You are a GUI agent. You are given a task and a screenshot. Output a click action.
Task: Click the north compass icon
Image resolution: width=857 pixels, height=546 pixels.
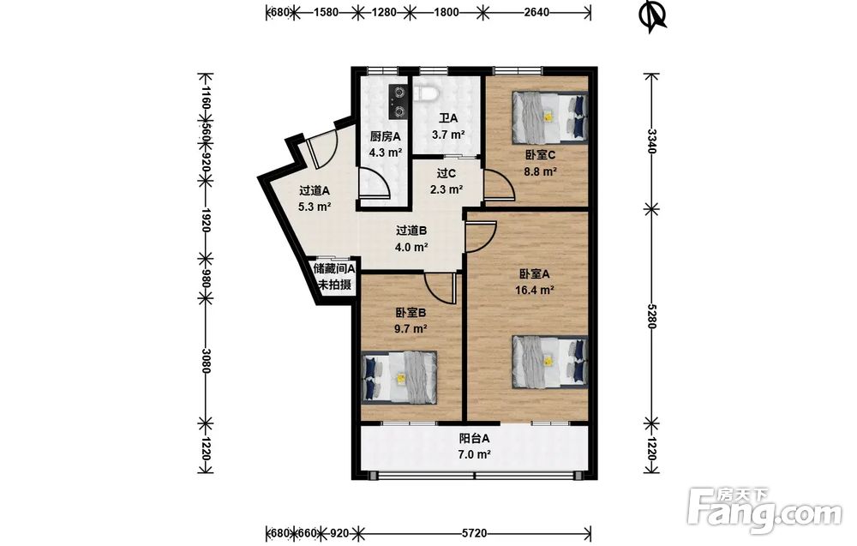[x=652, y=15]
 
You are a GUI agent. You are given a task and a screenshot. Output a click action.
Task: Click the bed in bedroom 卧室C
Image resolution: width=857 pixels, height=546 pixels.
[x=549, y=117]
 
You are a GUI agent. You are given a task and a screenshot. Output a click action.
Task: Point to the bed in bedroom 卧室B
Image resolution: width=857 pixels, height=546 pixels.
[x=399, y=378]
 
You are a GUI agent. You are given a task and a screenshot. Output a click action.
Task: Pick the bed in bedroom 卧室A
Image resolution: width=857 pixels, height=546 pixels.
[x=549, y=361]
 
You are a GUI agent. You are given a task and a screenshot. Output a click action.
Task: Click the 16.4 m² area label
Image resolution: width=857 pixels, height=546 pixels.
[x=535, y=291]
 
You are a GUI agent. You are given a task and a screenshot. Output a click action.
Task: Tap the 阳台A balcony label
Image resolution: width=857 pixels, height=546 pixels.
[x=474, y=439]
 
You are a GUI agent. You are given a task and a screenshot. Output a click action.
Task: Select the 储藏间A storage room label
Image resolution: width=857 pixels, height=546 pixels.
[x=334, y=269]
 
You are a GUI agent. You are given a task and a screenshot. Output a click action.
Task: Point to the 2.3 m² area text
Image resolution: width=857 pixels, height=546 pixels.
[x=446, y=190]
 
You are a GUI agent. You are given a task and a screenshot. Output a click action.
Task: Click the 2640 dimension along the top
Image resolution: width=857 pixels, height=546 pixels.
[x=536, y=11]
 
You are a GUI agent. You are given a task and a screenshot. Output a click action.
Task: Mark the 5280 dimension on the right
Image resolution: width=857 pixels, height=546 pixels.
[x=651, y=315]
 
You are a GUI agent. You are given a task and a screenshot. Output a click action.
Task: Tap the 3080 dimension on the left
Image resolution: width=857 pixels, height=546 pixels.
[x=206, y=361]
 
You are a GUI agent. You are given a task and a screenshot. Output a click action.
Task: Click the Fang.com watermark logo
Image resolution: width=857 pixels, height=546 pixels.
[x=764, y=511]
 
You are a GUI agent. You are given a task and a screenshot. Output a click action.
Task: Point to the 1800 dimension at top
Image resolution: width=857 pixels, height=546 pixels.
[x=446, y=11]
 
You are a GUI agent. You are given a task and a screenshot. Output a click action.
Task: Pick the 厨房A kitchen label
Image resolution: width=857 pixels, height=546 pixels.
[x=386, y=137]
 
